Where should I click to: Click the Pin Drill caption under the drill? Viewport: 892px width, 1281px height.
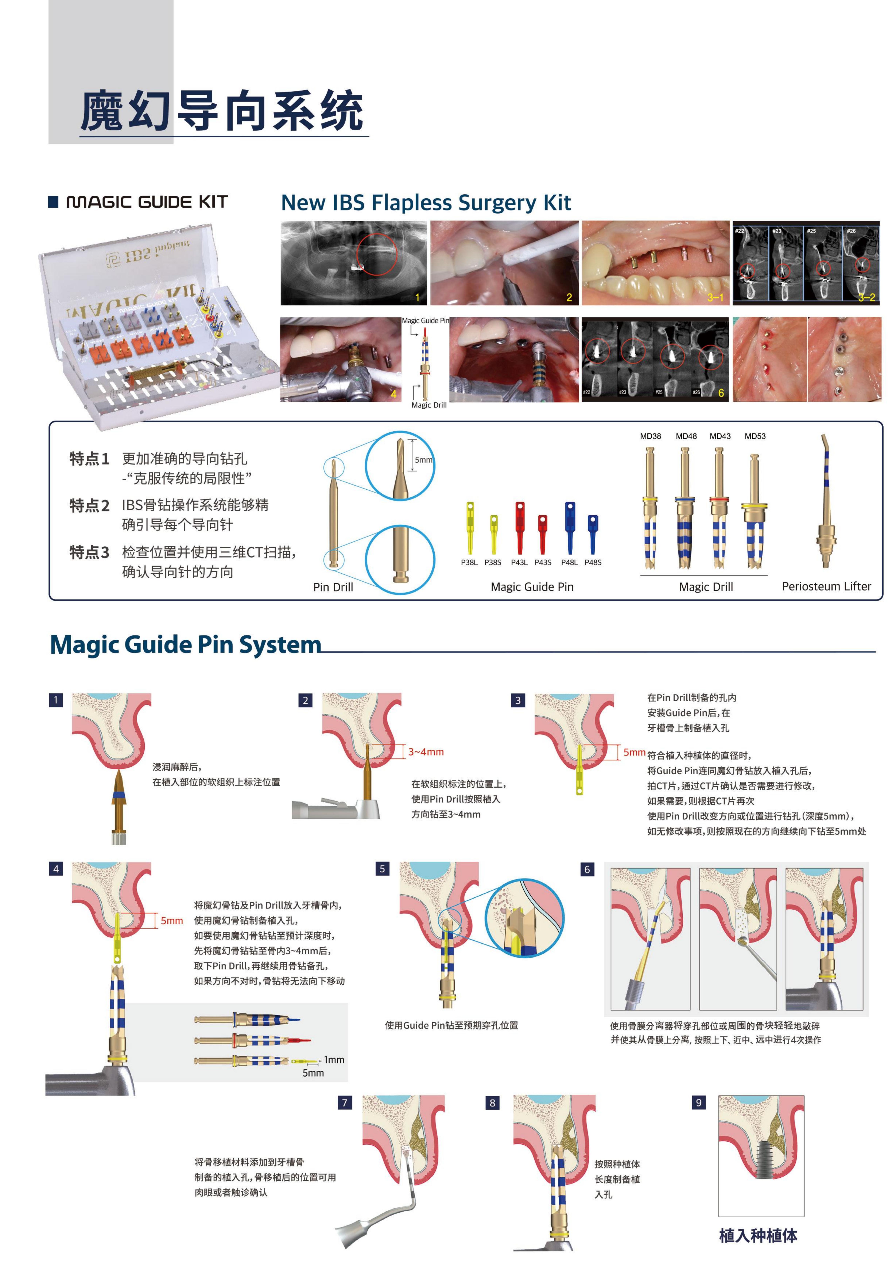click(333, 587)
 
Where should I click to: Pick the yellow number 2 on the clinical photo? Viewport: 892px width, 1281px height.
click(569, 297)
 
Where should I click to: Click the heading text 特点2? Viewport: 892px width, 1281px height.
click(89, 506)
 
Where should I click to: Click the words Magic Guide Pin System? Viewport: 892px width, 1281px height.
click(186, 644)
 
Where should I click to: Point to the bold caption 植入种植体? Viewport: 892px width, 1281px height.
click(758, 1235)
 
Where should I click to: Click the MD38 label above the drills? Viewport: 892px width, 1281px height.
click(650, 436)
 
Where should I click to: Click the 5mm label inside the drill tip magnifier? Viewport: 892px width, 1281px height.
click(423, 460)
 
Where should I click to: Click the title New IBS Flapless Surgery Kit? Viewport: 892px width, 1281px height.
click(426, 202)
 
